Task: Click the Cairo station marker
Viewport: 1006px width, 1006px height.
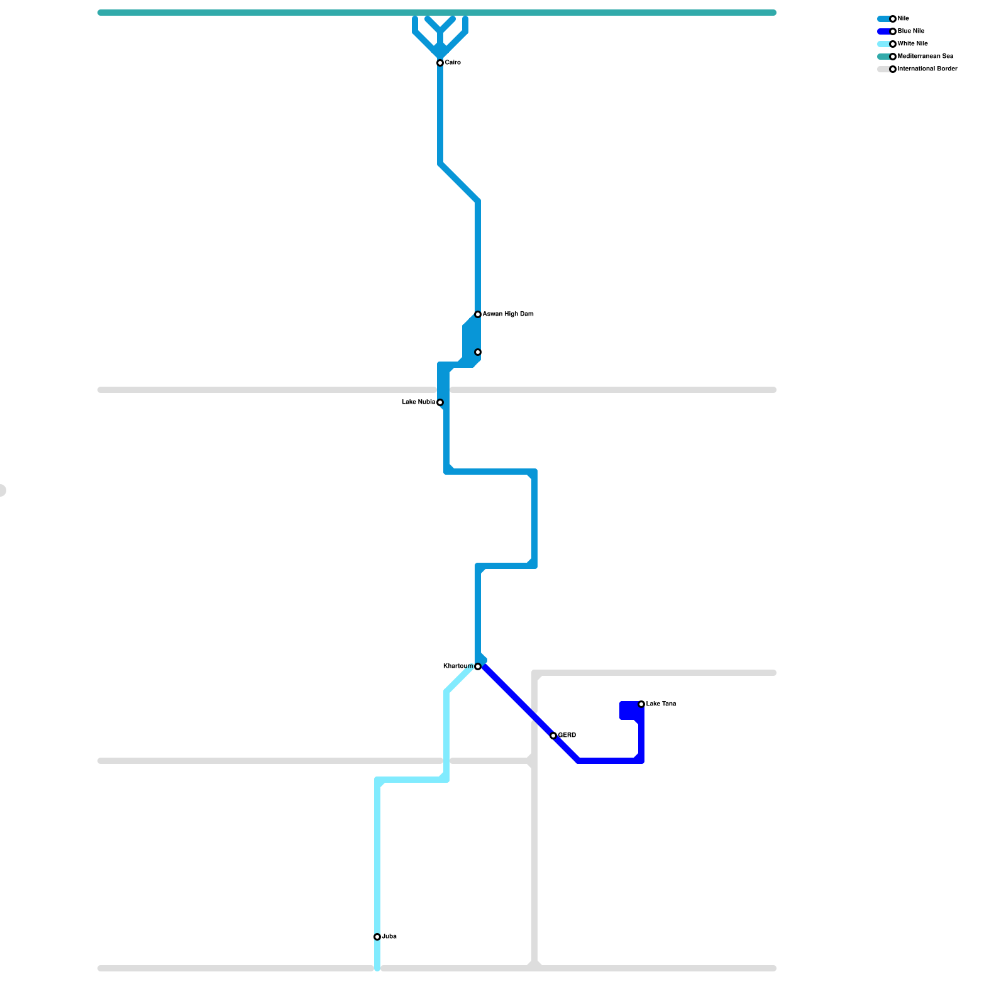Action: point(440,63)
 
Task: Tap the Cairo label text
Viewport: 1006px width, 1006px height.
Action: point(453,63)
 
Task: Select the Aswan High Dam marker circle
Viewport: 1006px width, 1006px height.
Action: point(478,314)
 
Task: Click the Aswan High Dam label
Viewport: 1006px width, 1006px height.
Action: point(508,314)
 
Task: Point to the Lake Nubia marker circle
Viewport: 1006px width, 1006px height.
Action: point(440,402)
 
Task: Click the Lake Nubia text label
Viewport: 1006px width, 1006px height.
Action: point(418,402)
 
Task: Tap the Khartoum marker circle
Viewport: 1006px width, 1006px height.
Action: point(478,666)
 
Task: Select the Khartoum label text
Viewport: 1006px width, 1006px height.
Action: point(458,666)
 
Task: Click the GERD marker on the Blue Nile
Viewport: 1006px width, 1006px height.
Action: point(553,736)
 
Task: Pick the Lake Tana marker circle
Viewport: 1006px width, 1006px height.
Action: point(641,704)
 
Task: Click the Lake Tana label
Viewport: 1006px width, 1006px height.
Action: point(661,704)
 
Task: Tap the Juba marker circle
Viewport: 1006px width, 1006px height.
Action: point(377,937)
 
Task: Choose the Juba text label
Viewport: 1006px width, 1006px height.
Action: point(389,937)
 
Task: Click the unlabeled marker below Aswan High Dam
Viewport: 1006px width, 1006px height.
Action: point(478,352)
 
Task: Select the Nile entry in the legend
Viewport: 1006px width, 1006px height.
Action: point(904,19)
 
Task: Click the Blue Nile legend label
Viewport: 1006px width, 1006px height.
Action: point(911,31)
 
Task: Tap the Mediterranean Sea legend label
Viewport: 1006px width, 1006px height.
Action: point(926,57)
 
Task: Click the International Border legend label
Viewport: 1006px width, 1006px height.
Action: point(927,69)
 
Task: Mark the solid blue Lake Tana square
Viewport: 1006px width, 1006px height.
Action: point(629,710)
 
